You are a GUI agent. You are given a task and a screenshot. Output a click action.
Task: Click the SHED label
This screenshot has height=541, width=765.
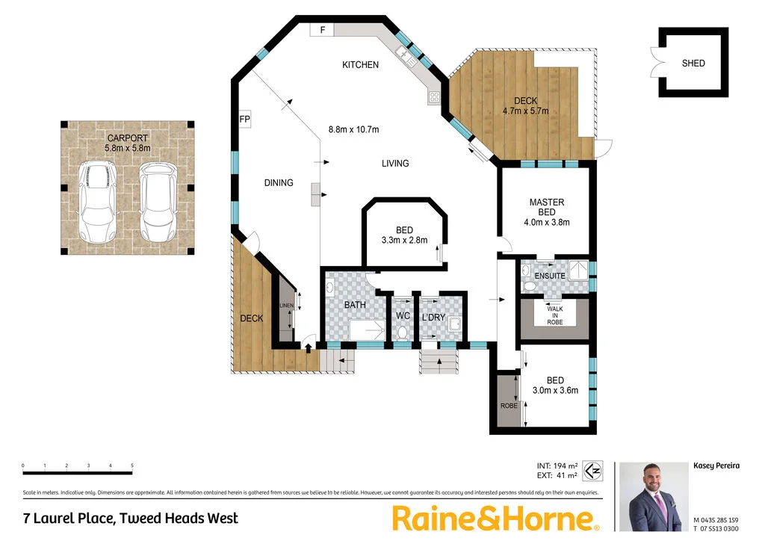coord(693,64)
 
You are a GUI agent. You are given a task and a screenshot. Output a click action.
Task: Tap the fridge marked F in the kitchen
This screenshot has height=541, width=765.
coord(323,30)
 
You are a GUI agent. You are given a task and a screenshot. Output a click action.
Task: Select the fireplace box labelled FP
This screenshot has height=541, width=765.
coord(244,119)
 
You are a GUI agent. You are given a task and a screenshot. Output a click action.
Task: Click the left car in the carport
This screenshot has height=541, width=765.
coord(97,203)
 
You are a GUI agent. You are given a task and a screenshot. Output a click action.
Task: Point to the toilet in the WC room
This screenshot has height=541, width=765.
coord(403,332)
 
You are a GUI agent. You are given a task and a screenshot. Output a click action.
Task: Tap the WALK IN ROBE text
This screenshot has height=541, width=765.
coord(554,315)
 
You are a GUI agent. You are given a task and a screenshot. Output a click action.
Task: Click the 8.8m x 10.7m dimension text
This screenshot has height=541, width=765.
coord(353,129)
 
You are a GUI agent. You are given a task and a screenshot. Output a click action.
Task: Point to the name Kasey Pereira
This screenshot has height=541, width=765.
coord(716,466)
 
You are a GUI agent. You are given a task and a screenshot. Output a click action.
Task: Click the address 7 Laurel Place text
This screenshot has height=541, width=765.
coord(131,518)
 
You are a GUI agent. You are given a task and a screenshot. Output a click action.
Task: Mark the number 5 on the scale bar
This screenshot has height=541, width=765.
coord(132,466)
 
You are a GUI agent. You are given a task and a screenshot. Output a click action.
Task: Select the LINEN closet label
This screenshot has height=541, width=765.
coord(286,306)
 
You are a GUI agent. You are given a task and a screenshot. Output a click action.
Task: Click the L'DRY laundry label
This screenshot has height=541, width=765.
coord(433,318)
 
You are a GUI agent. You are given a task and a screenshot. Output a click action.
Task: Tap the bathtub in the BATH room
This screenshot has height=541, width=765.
coord(367,330)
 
